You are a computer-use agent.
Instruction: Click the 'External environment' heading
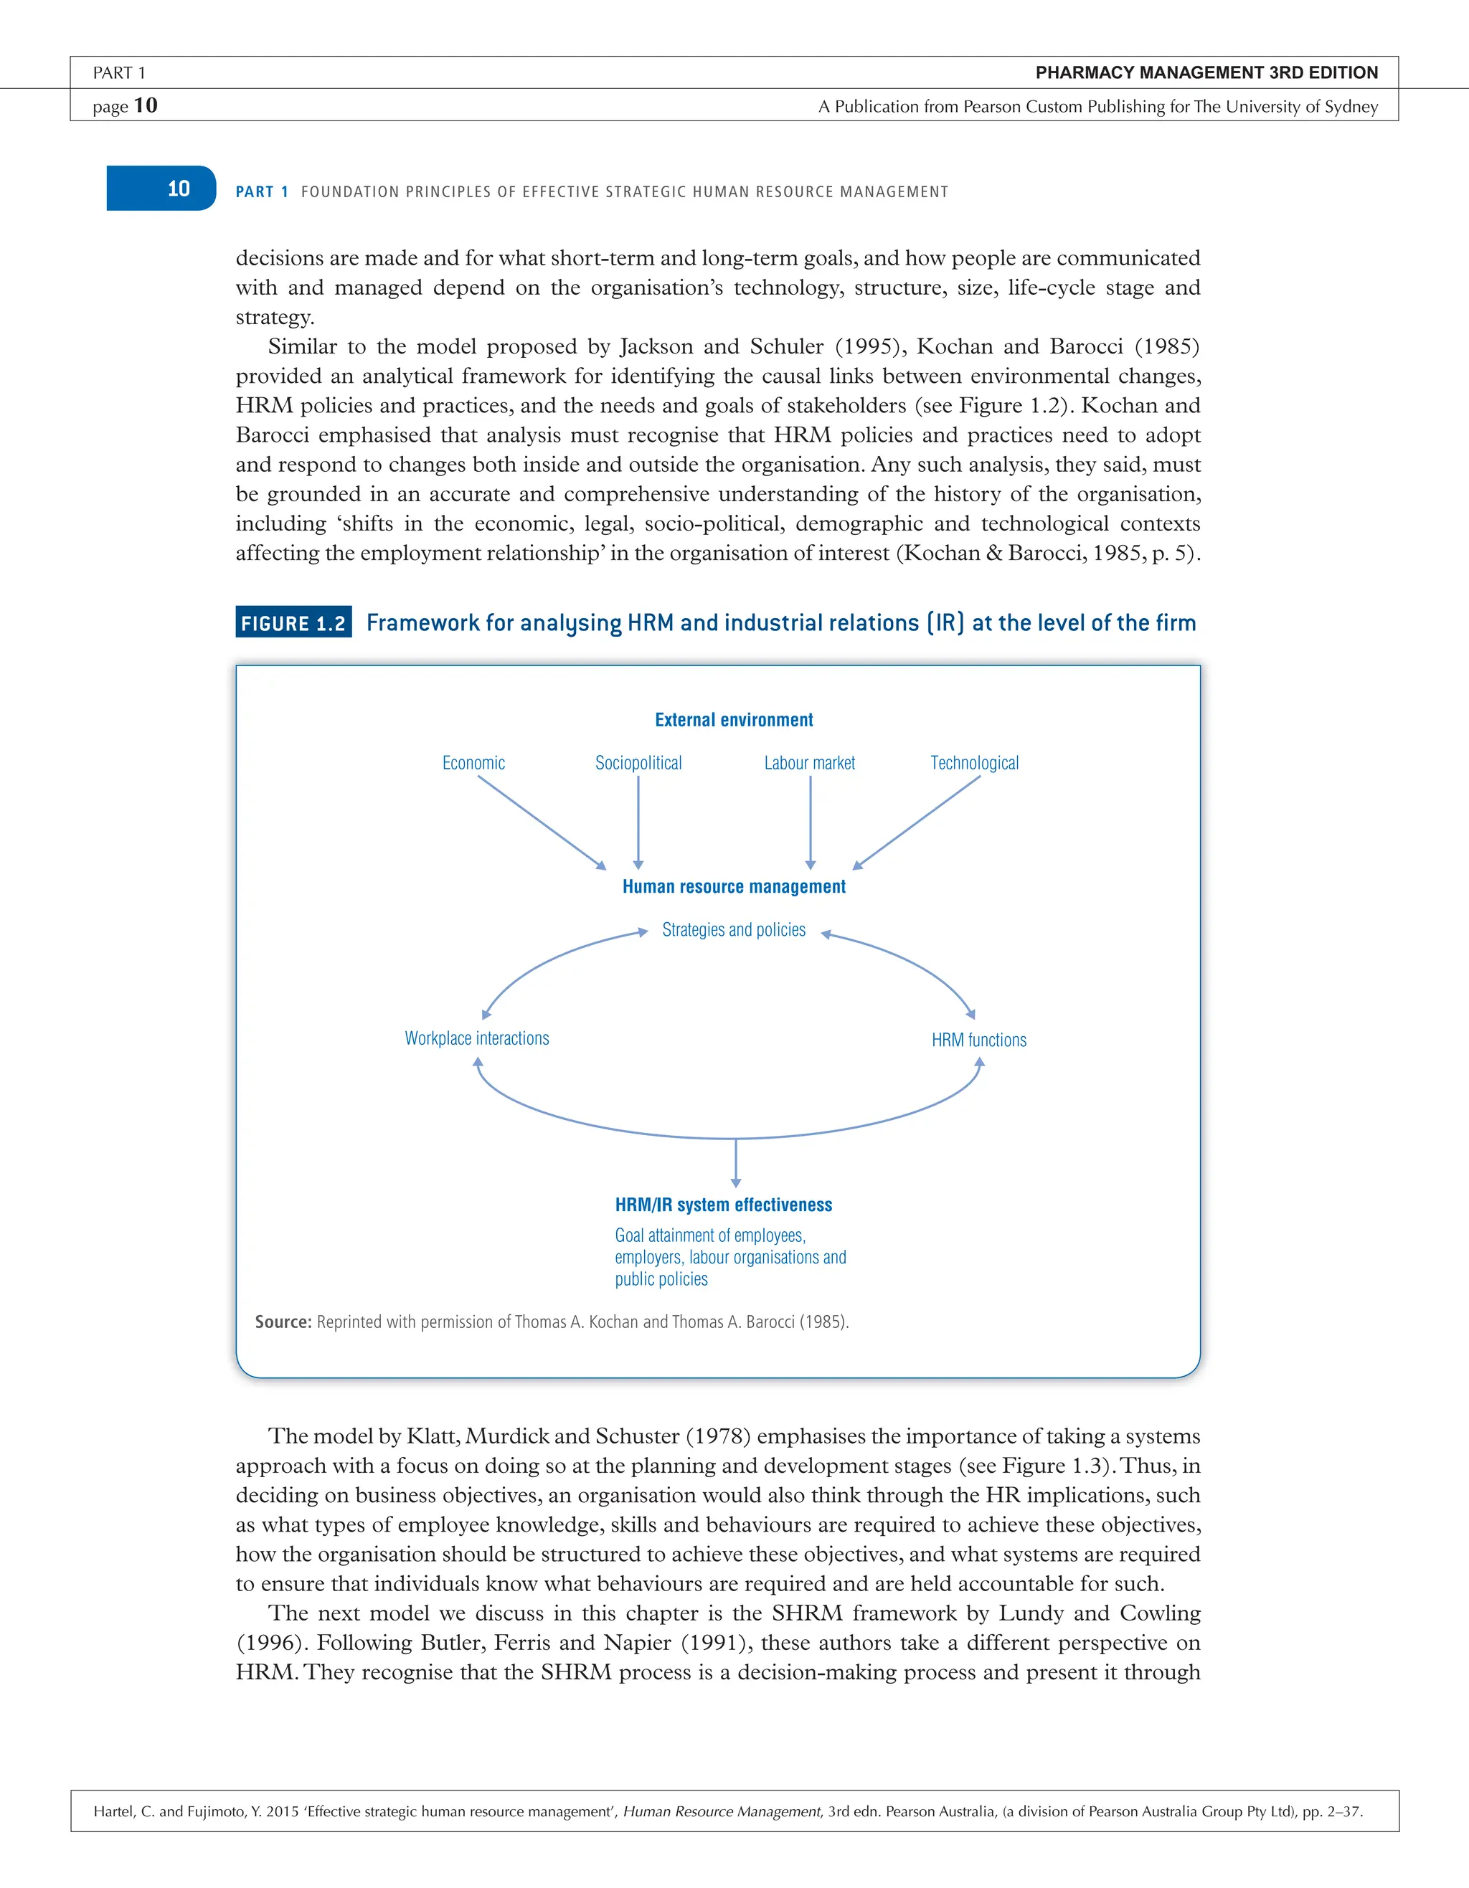click(x=734, y=720)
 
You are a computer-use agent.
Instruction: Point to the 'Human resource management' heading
click(x=734, y=887)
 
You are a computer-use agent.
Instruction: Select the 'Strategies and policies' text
click(x=734, y=930)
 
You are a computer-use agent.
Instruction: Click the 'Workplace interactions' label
click(x=476, y=1038)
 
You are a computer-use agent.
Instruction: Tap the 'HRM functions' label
click(x=979, y=1040)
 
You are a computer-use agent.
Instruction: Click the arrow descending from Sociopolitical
click(x=638, y=821)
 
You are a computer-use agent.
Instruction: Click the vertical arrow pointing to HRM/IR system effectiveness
click(x=736, y=1163)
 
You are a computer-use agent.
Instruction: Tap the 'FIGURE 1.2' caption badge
click(x=293, y=623)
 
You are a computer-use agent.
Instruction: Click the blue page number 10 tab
click(x=161, y=189)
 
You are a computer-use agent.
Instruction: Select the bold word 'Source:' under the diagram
click(x=283, y=1322)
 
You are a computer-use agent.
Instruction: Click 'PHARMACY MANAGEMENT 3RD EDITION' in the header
click(x=1206, y=72)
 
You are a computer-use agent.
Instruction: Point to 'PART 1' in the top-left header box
click(x=119, y=73)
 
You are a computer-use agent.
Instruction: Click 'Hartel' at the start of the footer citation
click(x=114, y=1811)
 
